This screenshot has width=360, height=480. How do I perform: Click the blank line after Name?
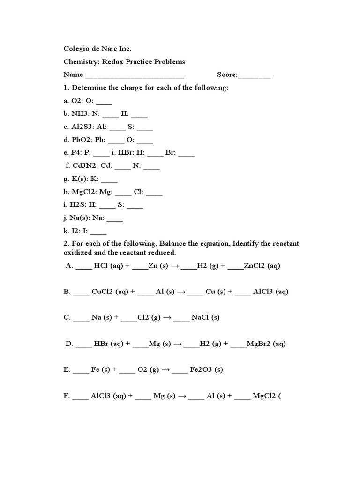(135, 75)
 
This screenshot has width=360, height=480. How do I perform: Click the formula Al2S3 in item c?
(81, 127)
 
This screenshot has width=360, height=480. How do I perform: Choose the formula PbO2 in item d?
(81, 140)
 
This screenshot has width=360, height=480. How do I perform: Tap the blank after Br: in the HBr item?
(186, 153)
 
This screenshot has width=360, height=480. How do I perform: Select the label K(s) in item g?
(78, 179)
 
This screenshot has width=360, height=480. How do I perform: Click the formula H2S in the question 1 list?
(77, 205)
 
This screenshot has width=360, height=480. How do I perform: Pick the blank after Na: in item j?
(115, 218)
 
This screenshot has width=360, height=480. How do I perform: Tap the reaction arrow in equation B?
(181, 292)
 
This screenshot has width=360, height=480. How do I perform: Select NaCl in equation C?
(200, 317)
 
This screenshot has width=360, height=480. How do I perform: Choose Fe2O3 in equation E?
(200, 369)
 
